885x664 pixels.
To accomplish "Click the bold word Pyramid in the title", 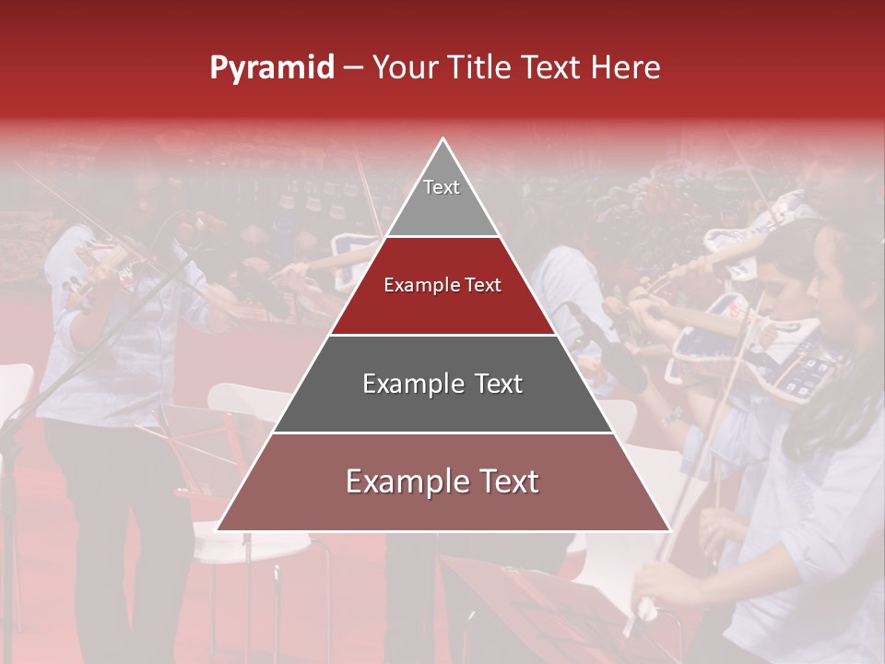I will [272, 68].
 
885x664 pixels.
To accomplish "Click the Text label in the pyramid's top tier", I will [442, 187].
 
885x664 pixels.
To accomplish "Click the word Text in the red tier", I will [483, 285].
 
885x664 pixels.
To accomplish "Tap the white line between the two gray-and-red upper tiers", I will [443, 237].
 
